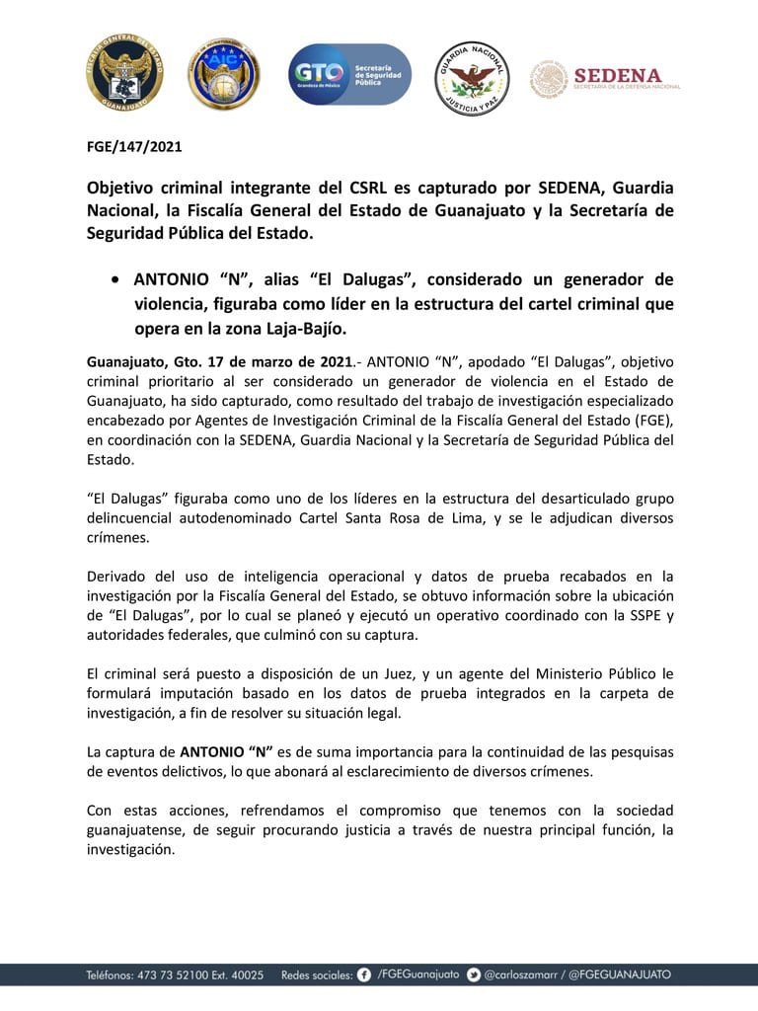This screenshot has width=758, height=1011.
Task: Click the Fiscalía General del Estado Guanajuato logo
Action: click(x=124, y=73)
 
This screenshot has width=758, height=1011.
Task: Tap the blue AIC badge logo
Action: click(x=224, y=74)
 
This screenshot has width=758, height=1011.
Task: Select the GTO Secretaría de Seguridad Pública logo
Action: click(x=349, y=74)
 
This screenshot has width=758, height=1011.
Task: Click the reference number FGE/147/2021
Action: click(x=134, y=147)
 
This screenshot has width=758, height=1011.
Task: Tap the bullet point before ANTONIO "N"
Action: click(x=117, y=279)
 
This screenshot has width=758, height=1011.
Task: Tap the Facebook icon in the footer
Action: click(x=365, y=974)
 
